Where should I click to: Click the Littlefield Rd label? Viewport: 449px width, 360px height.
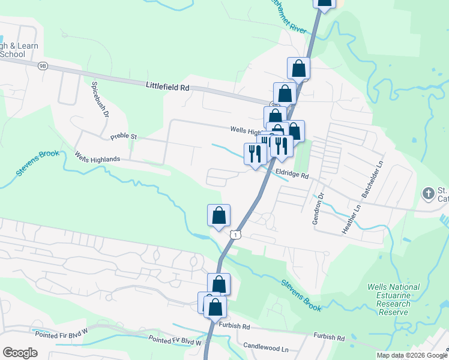coord(167,87)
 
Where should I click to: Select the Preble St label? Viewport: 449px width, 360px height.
coord(124,137)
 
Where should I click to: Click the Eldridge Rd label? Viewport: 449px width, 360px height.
coord(292,175)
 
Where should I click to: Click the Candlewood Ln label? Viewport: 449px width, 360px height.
coord(266,347)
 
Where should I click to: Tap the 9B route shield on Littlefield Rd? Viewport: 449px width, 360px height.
coord(42,65)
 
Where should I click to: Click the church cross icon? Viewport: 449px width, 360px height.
coord(428,193)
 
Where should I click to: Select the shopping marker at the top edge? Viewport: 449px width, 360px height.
coord(324,3)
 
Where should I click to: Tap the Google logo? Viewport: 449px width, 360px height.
coord(20,353)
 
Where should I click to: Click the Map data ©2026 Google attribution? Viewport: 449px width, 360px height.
coord(412,355)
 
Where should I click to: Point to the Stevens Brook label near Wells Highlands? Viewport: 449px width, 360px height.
coord(38,163)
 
